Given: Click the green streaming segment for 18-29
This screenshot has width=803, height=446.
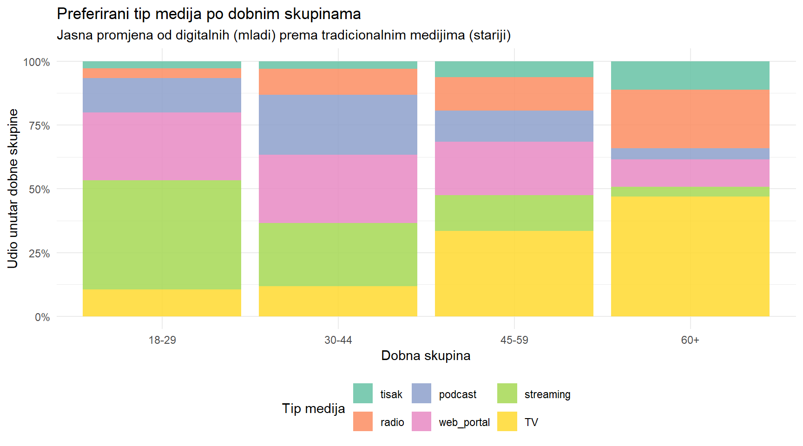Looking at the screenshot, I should tap(162, 235).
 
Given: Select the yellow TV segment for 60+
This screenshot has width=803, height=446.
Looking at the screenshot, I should tap(690, 256).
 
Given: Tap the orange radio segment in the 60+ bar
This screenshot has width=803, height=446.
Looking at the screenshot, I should tap(690, 119).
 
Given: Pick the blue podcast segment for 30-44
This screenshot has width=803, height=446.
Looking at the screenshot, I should tap(338, 125).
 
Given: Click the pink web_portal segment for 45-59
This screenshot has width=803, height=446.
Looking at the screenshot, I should tap(514, 168).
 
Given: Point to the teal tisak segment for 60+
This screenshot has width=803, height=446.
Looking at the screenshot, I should tap(690, 75).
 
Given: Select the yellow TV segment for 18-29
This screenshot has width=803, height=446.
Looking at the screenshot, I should tap(162, 303).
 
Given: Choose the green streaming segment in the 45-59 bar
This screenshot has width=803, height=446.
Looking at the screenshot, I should tap(514, 213).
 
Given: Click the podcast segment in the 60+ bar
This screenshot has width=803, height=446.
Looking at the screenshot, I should tap(690, 154).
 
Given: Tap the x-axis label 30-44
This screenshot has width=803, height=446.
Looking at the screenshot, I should tap(338, 340).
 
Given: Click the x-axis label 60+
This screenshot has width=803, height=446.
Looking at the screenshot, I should tap(690, 340).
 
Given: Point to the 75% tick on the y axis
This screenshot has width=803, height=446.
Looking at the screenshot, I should tap(39, 126).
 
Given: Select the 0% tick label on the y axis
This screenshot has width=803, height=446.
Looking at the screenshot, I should tap(42, 317).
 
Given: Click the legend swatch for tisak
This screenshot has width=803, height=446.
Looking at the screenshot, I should tap(362, 394).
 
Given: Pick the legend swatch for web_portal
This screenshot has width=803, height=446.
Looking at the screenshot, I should tap(421, 421).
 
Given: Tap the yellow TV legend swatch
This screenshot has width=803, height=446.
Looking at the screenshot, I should tap(507, 421).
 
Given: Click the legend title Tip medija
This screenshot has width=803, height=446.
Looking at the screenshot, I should tap(313, 408).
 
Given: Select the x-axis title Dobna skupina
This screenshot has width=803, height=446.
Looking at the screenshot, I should tap(426, 356).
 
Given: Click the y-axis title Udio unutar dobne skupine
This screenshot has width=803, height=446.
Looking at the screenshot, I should tap(13, 189).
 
